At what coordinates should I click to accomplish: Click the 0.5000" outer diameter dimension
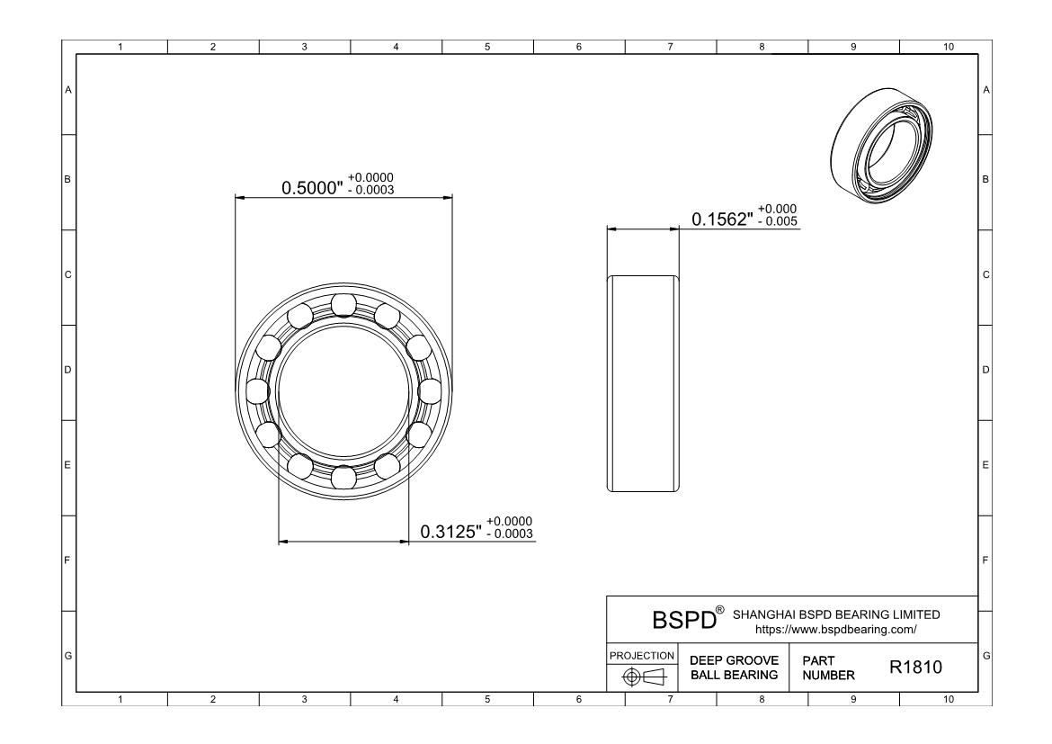coord(312,187)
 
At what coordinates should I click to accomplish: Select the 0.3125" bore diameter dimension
coord(450,532)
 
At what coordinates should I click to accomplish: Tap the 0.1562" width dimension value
coord(723,220)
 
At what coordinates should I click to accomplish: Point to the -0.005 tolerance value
coord(778,221)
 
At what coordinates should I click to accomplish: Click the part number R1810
coord(916,667)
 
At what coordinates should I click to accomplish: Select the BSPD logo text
coord(684,620)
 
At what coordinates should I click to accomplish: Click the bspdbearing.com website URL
coord(835,630)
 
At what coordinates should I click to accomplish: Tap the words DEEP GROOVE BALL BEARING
coord(734,668)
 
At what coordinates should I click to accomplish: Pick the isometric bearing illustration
coord(881,145)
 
